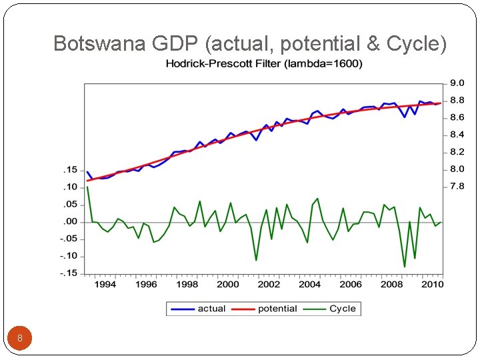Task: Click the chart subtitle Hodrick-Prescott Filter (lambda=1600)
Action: pos(264,64)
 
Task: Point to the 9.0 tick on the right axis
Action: pos(457,83)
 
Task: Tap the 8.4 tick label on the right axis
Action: pos(457,135)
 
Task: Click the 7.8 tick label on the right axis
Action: pos(457,187)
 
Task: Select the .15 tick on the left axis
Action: pos(70,170)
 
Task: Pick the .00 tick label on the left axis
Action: pos(70,221)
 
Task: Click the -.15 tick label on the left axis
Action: pos(68,273)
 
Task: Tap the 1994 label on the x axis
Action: pos(105,285)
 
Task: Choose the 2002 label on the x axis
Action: pos(269,285)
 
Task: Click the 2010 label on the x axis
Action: pos(432,285)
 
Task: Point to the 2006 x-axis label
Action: pos(351,285)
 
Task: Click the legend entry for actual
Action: pos(198,309)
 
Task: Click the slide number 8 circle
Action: pos(20,338)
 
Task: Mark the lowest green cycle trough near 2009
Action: pos(404,267)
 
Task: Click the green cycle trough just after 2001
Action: pos(256,260)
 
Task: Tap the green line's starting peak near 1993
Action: pos(87,187)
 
